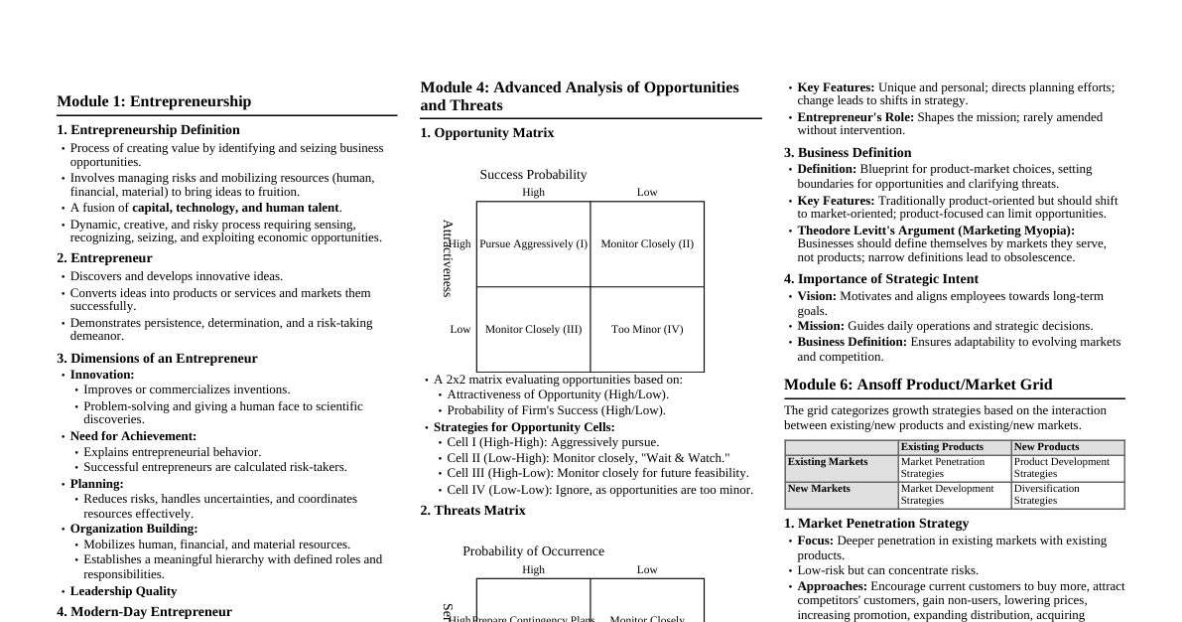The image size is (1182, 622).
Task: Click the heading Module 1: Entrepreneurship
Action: [x=154, y=101]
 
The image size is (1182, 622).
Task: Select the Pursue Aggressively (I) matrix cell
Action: [x=533, y=243]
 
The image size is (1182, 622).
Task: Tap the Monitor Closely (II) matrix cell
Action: [x=647, y=243]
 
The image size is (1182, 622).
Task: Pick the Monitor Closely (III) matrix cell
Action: [x=533, y=329]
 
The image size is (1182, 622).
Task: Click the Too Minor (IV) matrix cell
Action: [x=647, y=329]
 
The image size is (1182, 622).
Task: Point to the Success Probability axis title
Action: [x=533, y=175]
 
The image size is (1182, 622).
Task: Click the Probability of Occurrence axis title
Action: [x=533, y=551]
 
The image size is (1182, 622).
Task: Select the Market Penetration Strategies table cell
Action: [x=955, y=468]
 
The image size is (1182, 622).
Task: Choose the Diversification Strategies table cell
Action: [x=1068, y=495]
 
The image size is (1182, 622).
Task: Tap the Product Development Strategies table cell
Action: [x=1068, y=468]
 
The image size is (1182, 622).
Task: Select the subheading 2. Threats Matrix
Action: [x=472, y=511]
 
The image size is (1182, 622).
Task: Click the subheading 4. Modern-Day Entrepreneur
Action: [x=144, y=612]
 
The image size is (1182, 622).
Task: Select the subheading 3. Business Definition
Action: [x=848, y=153]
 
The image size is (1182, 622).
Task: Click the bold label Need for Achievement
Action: [x=133, y=436]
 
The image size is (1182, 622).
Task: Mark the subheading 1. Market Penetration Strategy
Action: [x=876, y=524]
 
